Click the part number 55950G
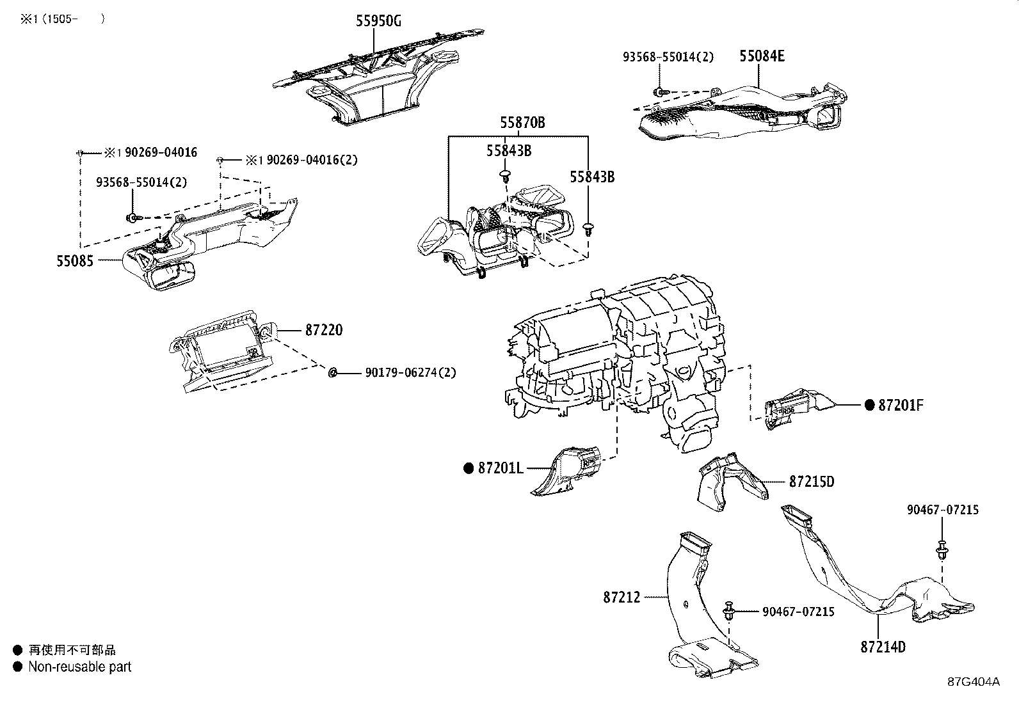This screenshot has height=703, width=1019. coord(378,21)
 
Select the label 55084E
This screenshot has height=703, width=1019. coord(762,56)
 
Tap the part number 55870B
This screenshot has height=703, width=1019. coord(522,122)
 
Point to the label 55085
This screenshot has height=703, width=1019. coord(75,261)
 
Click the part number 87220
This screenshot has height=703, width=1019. coord(323,330)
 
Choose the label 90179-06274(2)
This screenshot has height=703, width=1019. coord(410,372)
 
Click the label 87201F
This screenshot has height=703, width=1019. coord(901,405)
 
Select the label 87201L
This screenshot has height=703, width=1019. coord(501,468)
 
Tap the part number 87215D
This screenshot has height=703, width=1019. coord(812,481)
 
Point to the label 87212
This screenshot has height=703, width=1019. coord(621,597)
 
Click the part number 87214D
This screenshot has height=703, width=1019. coord(883,647)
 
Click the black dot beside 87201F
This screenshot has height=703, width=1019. coord(869,405)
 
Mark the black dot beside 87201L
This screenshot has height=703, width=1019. coord(468,468)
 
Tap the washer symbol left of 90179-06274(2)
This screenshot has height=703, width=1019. coord(333,372)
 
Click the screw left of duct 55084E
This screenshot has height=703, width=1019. coord(659,91)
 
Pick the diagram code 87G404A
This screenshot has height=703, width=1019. coord(974,681)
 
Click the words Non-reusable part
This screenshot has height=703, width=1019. coord(79,667)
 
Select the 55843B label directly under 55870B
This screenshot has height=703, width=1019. coord(509,151)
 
